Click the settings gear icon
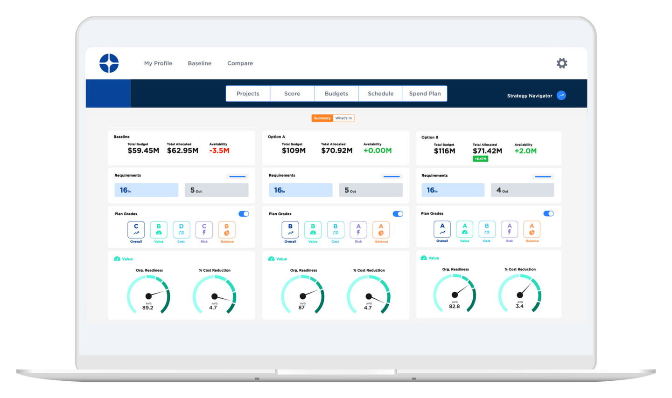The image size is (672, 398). (561, 63)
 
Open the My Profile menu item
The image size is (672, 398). (158, 63)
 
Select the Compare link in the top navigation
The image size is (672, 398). (240, 63)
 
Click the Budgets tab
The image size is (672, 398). (336, 94)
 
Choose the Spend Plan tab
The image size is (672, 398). (425, 94)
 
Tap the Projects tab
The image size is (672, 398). (247, 94)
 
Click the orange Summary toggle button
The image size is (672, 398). (322, 118)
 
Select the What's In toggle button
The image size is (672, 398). (343, 118)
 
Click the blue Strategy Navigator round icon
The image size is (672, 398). (561, 96)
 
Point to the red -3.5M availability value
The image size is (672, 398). (219, 151)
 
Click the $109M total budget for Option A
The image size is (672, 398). (294, 151)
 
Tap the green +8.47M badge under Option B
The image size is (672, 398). (480, 159)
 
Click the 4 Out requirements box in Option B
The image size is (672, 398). (522, 190)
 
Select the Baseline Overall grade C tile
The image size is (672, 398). (136, 230)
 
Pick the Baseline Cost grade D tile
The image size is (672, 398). (181, 230)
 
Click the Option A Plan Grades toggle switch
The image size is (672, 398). (398, 214)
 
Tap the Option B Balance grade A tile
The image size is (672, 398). (532, 229)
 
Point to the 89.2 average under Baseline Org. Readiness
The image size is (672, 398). (147, 308)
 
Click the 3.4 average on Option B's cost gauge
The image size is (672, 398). (519, 306)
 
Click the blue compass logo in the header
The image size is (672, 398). (109, 63)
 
